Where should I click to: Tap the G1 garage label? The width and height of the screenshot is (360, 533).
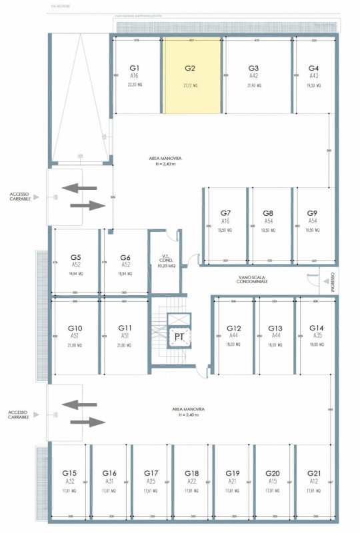pyautogui.click(x=134, y=68)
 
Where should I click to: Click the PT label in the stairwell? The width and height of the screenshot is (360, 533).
pyautogui.click(x=179, y=337)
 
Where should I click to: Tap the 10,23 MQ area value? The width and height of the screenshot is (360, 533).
pyautogui.click(x=163, y=266)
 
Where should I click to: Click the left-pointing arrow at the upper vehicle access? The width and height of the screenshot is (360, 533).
pyautogui.click(x=79, y=189)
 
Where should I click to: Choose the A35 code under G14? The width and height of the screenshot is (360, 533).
pyautogui.click(x=315, y=336)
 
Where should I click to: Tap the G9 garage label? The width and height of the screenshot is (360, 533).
pyautogui.click(x=313, y=213)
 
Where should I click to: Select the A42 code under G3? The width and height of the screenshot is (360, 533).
pyautogui.click(x=253, y=76)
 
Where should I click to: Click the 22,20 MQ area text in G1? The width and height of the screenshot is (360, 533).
pyautogui.click(x=134, y=86)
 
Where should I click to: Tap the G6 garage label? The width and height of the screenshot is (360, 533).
pyautogui.click(x=125, y=257)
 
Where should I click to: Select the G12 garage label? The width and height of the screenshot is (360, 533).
pyautogui.click(x=233, y=328)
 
